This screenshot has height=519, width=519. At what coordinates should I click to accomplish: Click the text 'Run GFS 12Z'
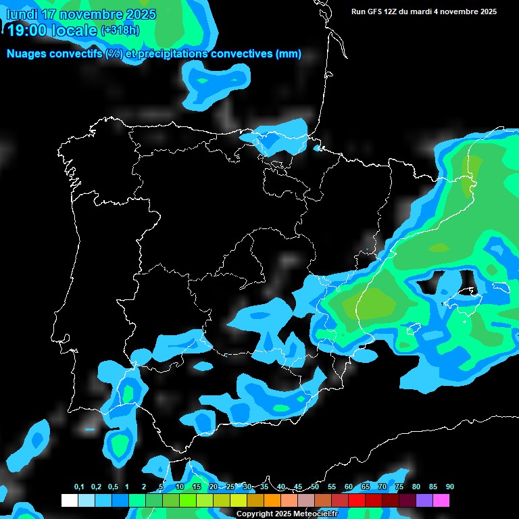(376, 11)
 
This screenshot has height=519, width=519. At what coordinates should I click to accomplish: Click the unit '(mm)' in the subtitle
(289, 54)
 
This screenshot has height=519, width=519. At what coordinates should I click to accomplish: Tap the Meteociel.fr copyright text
(287, 514)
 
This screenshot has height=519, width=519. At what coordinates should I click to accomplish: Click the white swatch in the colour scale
(69, 501)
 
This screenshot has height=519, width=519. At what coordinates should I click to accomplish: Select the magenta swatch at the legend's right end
(441, 501)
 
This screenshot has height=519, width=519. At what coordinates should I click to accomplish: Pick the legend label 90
(450, 487)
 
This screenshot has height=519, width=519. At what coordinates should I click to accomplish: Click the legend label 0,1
(79, 487)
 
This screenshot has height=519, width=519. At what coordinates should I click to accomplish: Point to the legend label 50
(315, 487)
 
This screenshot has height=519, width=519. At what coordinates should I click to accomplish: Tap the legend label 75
(399, 487)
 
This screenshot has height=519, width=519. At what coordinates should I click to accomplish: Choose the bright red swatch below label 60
(357, 501)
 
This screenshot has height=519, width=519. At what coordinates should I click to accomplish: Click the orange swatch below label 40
(272, 501)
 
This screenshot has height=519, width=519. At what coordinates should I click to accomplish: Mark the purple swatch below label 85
(424, 501)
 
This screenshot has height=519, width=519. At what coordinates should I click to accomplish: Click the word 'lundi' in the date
(21, 14)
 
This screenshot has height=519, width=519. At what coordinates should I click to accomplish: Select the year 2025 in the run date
(485, 11)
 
